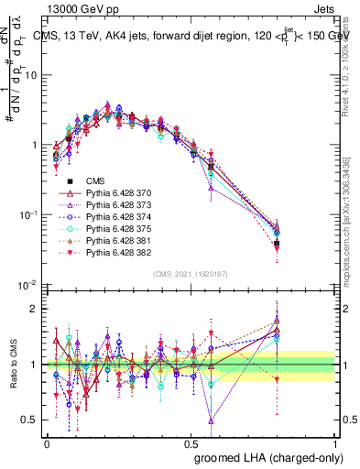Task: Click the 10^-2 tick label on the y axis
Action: pyautogui.click(x=29, y=285)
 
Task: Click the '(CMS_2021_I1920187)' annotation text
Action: pyautogui.click(x=191, y=273)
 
